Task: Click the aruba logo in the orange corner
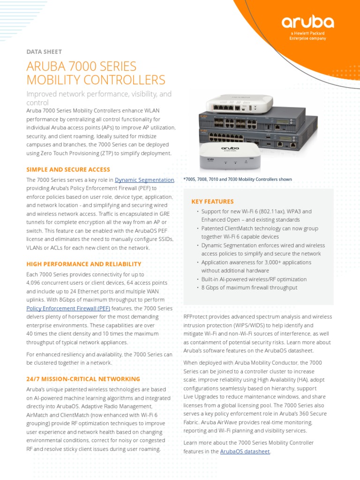click(x=307, y=22)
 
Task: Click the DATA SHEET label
click(x=44, y=52)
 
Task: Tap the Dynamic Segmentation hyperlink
click(x=144, y=180)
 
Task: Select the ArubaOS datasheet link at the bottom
click(x=245, y=451)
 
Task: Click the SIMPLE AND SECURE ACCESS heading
click(x=68, y=169)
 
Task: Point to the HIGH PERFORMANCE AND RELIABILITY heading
click(x=83, y=264)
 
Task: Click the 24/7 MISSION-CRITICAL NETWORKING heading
click(x=83, y=379)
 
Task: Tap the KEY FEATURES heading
click(x=212, y=202)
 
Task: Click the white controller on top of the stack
click(x=233, y=104)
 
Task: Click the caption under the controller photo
click(x=238, y=179)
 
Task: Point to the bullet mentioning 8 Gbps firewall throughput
click(x=249, y=288)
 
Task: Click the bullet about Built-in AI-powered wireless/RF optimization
click(x=254, y=279)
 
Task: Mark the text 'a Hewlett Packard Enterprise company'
click(x=307, y=36)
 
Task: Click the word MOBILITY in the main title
click(x=56, y=80)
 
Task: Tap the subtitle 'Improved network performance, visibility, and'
click(x=99, y=94)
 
